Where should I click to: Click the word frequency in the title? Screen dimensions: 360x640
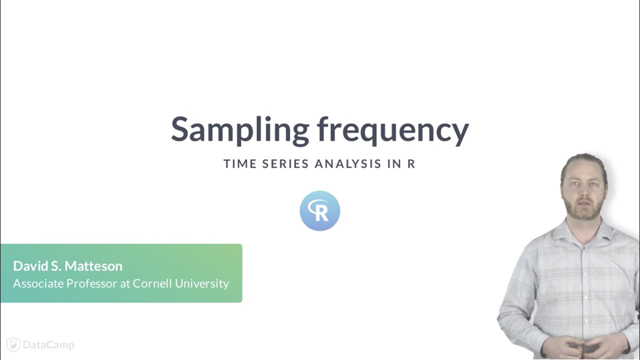(x=393, y=129)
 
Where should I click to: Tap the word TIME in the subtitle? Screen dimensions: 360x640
(x=239, y=164)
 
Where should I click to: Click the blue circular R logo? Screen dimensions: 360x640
(x=320, y=211)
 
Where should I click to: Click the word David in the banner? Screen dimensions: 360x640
(x=31, y=265)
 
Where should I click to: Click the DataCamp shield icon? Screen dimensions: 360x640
(x=13, y=344)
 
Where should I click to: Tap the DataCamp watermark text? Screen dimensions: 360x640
(x=48, y=345)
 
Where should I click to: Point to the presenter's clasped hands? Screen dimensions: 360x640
(x=582, y=345)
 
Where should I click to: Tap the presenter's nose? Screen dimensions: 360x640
(x=583, y=192)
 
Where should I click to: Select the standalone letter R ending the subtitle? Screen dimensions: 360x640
(x=411, y=164)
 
